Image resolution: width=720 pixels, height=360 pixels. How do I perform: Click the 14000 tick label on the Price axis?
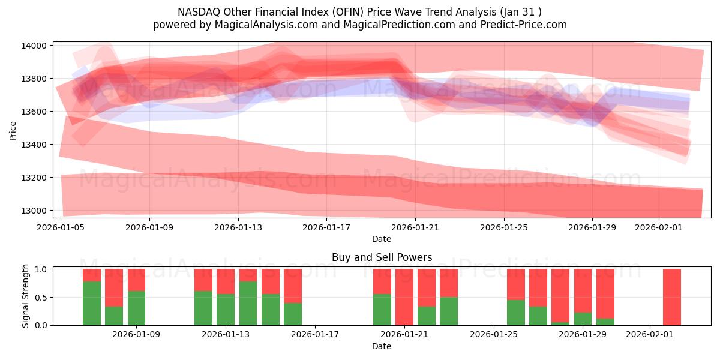34,46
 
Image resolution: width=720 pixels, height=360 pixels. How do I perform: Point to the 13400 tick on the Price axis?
34,145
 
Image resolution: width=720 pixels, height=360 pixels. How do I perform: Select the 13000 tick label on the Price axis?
34,211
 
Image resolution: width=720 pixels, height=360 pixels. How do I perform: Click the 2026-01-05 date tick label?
61,227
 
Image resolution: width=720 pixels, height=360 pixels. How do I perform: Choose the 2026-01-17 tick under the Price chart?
326,227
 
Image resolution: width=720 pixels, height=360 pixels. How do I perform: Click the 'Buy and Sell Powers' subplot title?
382,257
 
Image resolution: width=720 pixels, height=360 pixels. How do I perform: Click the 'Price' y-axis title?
13,130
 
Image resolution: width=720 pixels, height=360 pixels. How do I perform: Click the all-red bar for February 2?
672,297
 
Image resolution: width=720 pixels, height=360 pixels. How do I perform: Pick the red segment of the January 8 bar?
114,287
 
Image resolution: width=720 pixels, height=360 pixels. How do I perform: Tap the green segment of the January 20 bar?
382,310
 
